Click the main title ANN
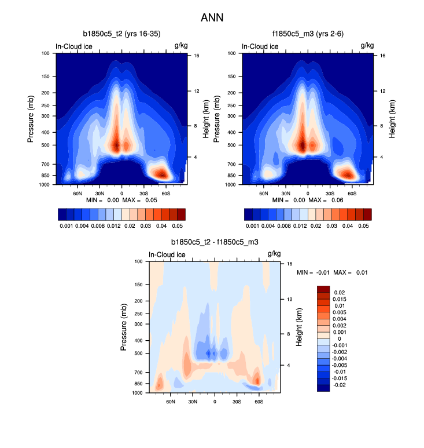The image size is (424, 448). (212, 18)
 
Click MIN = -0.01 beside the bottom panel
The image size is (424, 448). (312, 272)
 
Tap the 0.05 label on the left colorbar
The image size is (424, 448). (178, 225)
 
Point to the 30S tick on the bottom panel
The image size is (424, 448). (237, 400)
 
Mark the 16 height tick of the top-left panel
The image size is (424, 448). (197, 56)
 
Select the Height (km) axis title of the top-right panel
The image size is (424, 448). (392, 118)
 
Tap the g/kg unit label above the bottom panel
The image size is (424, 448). (274, 254)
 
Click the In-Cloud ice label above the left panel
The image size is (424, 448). (74, 46)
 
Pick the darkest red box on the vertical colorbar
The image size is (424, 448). (324, 289)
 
